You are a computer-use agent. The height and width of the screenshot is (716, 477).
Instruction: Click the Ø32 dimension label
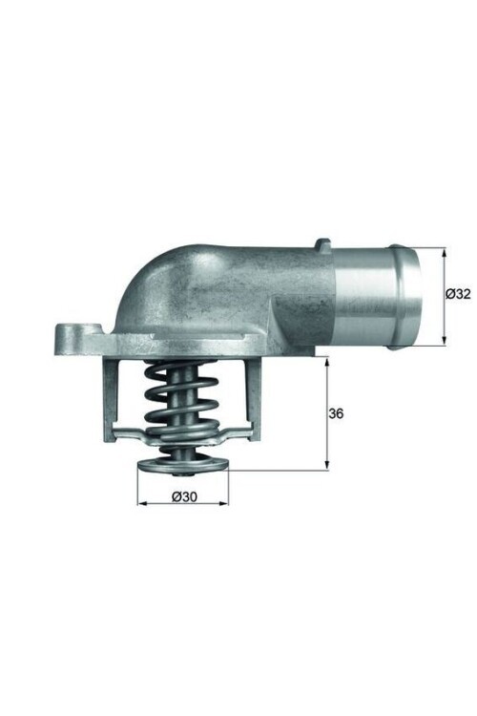(458, 295)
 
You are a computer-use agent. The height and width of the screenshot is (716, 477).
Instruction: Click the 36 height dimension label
(337, 414)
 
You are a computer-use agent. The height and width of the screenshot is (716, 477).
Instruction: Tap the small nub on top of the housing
(323, 244)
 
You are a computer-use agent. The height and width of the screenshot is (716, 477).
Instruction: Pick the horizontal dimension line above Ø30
(183, 503)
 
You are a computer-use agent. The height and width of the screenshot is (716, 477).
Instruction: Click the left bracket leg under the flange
(111, 401)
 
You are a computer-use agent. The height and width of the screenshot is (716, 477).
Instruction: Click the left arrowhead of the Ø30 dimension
(141, 503)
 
